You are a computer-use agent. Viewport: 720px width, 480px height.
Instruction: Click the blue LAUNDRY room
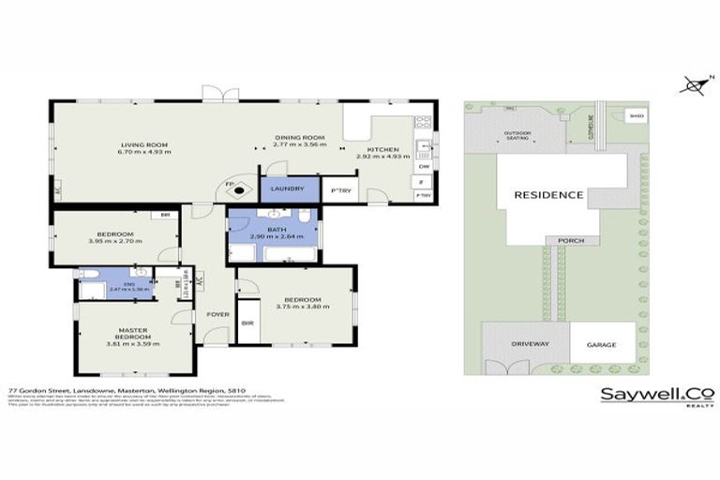287,189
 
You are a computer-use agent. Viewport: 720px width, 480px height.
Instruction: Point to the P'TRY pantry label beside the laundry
338,191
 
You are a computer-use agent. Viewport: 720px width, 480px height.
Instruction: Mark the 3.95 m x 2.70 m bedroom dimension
115,241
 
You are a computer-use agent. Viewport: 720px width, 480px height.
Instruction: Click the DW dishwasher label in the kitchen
424,166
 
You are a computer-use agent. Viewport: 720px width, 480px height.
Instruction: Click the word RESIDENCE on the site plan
549,195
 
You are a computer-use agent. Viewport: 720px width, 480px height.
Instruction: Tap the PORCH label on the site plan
570,240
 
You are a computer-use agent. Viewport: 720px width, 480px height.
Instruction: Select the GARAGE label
601,345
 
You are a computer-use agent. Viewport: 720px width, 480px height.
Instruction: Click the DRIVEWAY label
523,345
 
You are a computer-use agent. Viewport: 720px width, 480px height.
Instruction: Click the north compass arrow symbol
694,85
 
